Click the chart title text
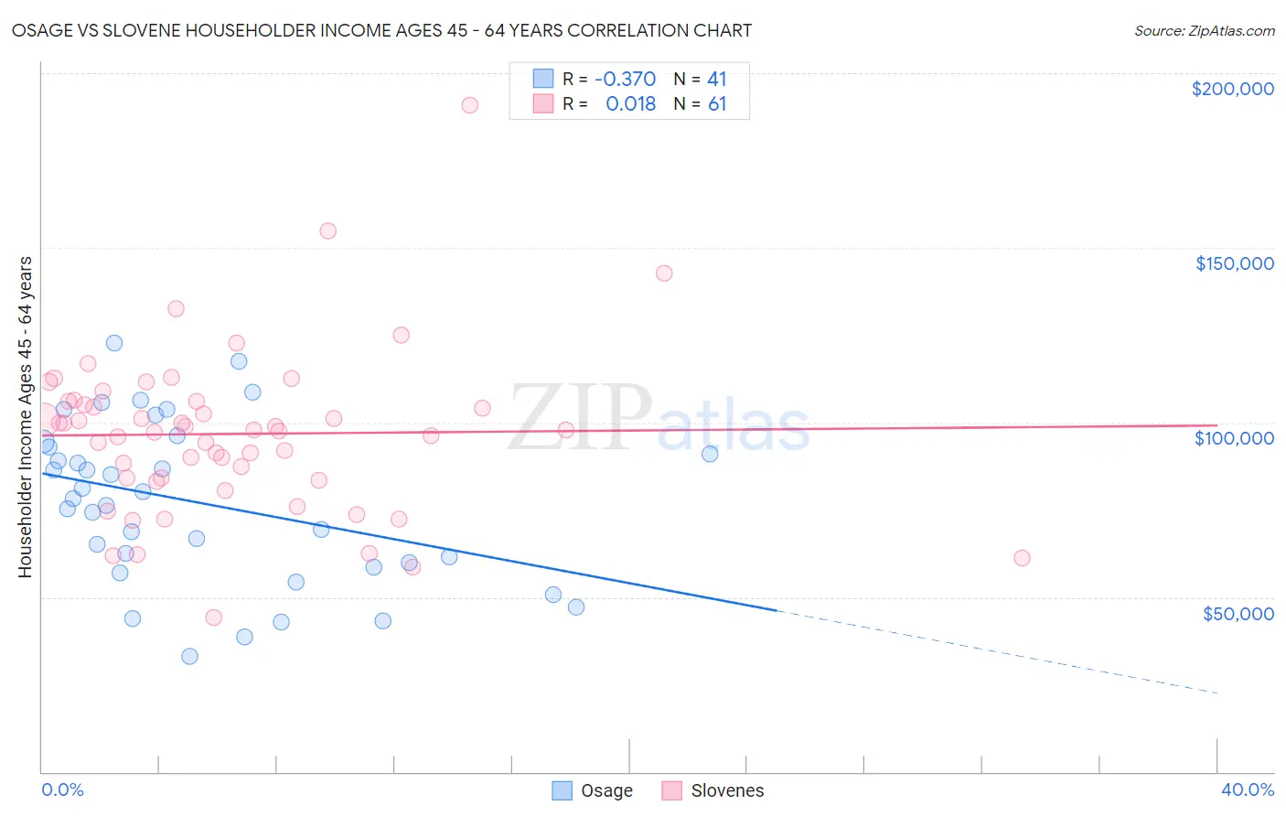tap(381, 30)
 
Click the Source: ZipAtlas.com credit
tap(1204, 31)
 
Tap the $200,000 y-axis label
tap(1232, 89)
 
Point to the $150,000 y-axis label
tap(1234, 263)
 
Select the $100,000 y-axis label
tap(1234, 438)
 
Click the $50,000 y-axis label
tap(1238, 613)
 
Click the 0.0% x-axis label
tap(62, 789)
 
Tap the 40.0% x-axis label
tap(1247, 789)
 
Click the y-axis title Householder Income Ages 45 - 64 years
tap(25, 417)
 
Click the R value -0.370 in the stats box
tap(625, 80)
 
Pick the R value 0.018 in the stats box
tap(630, 104)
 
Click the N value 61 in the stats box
tap(717, 104)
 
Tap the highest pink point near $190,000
tap(469, 105)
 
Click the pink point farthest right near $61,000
tap(1022, 558)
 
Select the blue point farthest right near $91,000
tap(710, 454)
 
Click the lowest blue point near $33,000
tap(189, 656)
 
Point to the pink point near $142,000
tap(664, 274)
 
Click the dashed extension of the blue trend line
tap(997, 651)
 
